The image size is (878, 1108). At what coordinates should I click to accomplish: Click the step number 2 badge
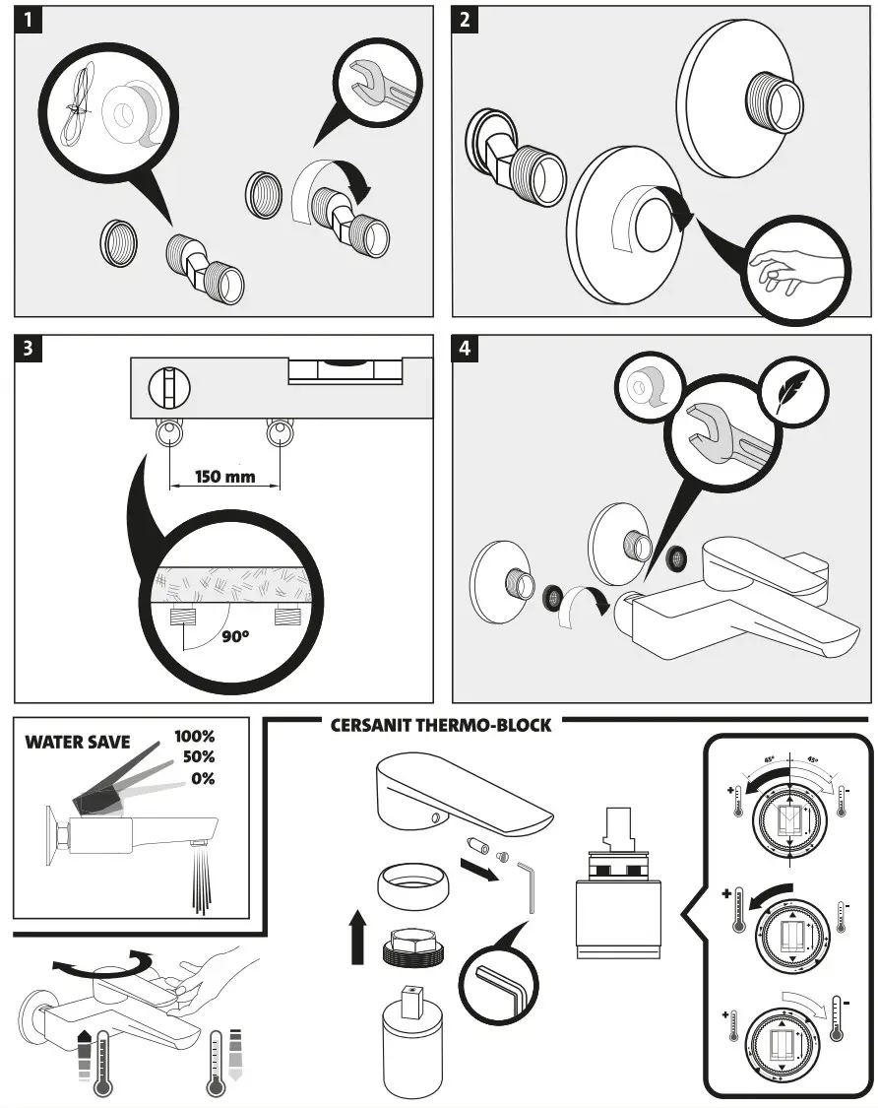(466, 21)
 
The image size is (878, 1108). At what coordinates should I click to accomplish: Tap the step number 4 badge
(466, 349)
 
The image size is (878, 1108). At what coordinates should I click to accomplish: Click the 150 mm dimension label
(224, 477)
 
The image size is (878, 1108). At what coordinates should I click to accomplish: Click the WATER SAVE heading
(77, 742)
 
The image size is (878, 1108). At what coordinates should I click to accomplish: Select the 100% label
(194, 737)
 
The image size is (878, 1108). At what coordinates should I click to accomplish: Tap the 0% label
(203, 778)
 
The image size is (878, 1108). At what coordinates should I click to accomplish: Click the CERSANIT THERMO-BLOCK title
(440, 726)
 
